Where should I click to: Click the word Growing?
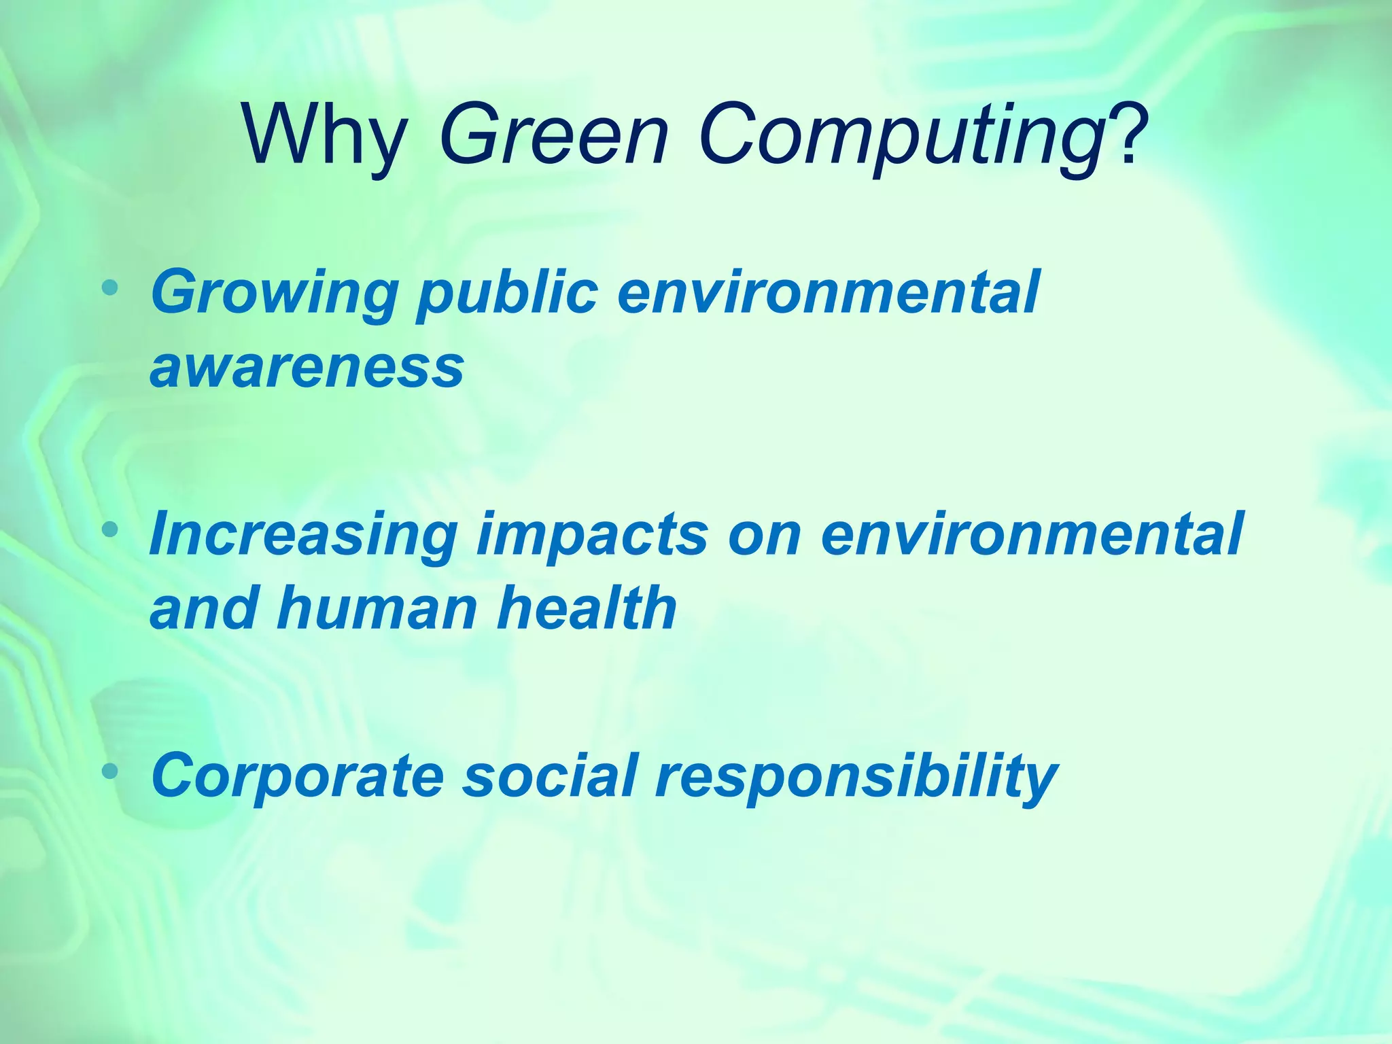[x=275, y=294]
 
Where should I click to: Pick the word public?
[x=507, y=294]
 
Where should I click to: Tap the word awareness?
[x=307, y=367]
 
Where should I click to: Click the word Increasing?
[x=303, y=535]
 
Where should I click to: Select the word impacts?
[x=592, y=537]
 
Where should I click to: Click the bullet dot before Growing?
[x=109, y=288]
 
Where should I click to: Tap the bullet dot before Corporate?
[x=109, y=771]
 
